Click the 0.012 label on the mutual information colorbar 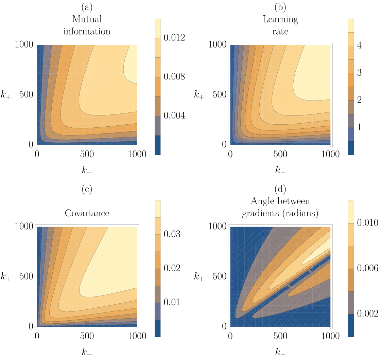click(x=174, y=37)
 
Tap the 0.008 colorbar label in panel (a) click(x=174, y=76)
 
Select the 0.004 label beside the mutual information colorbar click(x=174, y=115)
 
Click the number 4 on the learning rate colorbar click(x=359, y=45)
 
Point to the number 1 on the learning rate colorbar click(x=359, y=127)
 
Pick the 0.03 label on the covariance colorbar click(x=172, y=234)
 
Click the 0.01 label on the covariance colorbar click(x=172, y=302)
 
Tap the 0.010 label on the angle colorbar click(x=368, y=222)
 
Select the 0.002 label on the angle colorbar click(x=368, y=313)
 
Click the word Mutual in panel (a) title click(x=87, y=19)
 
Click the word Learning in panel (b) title click(x=280, y=19)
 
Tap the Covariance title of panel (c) click(x=87, y=213)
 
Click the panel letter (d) click(x=280, y=189)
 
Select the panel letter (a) click(x=87, y=7)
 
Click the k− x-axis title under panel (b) click(x=280, y=170)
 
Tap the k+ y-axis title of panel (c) click(x=5, y=276)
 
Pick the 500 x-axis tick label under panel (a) click(x=87, y=154)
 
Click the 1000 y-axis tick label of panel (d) click(x=217, y=226)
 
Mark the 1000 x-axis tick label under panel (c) click(x=137, y=336)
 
